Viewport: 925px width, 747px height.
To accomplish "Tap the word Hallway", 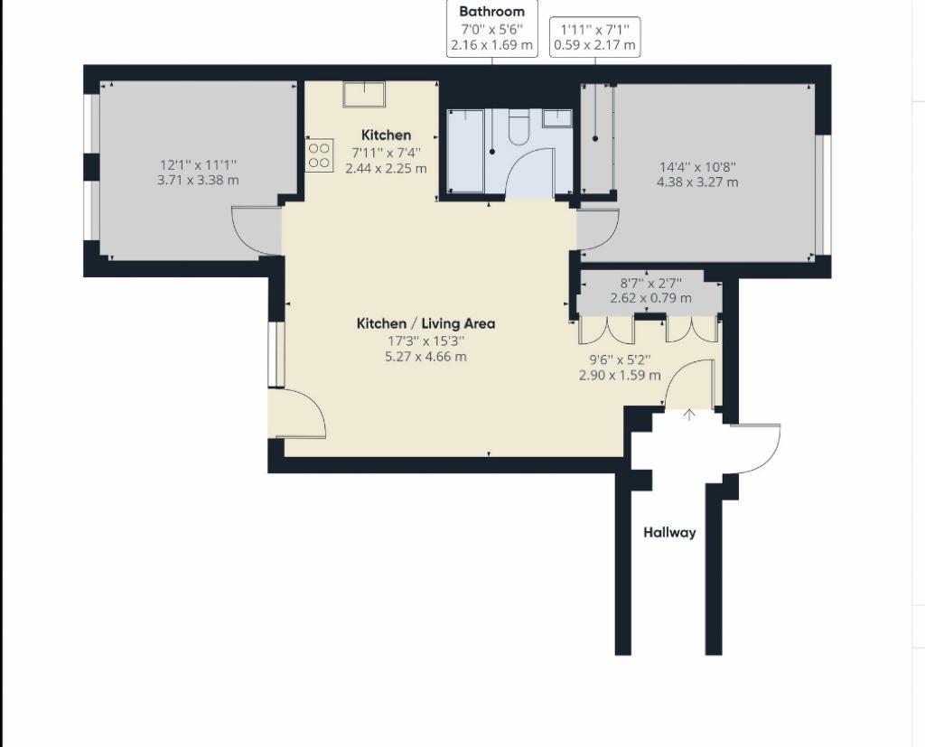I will click(669, 532).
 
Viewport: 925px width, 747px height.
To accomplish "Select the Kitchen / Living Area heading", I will click(425, 323).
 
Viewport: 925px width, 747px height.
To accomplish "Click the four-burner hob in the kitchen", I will click(319, 156).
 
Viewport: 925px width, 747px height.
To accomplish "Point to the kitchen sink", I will click(363, 94).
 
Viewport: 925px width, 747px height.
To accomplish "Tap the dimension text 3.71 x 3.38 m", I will click(198, 180).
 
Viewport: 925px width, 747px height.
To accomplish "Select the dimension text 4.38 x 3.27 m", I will click(697, 182).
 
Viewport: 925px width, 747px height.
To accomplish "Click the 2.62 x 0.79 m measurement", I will click(650, 298).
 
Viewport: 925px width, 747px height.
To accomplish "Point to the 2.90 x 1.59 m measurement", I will click(620, 375).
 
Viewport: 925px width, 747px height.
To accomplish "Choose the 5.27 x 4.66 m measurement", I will click(425, 356).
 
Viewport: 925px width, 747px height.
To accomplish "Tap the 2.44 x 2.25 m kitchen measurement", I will click(386, 168).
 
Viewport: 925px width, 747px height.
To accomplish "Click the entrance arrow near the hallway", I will click(689, 415).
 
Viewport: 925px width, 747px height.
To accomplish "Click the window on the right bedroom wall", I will click(822, 194).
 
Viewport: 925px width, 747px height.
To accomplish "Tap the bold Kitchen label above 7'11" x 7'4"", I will click(386, 135).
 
